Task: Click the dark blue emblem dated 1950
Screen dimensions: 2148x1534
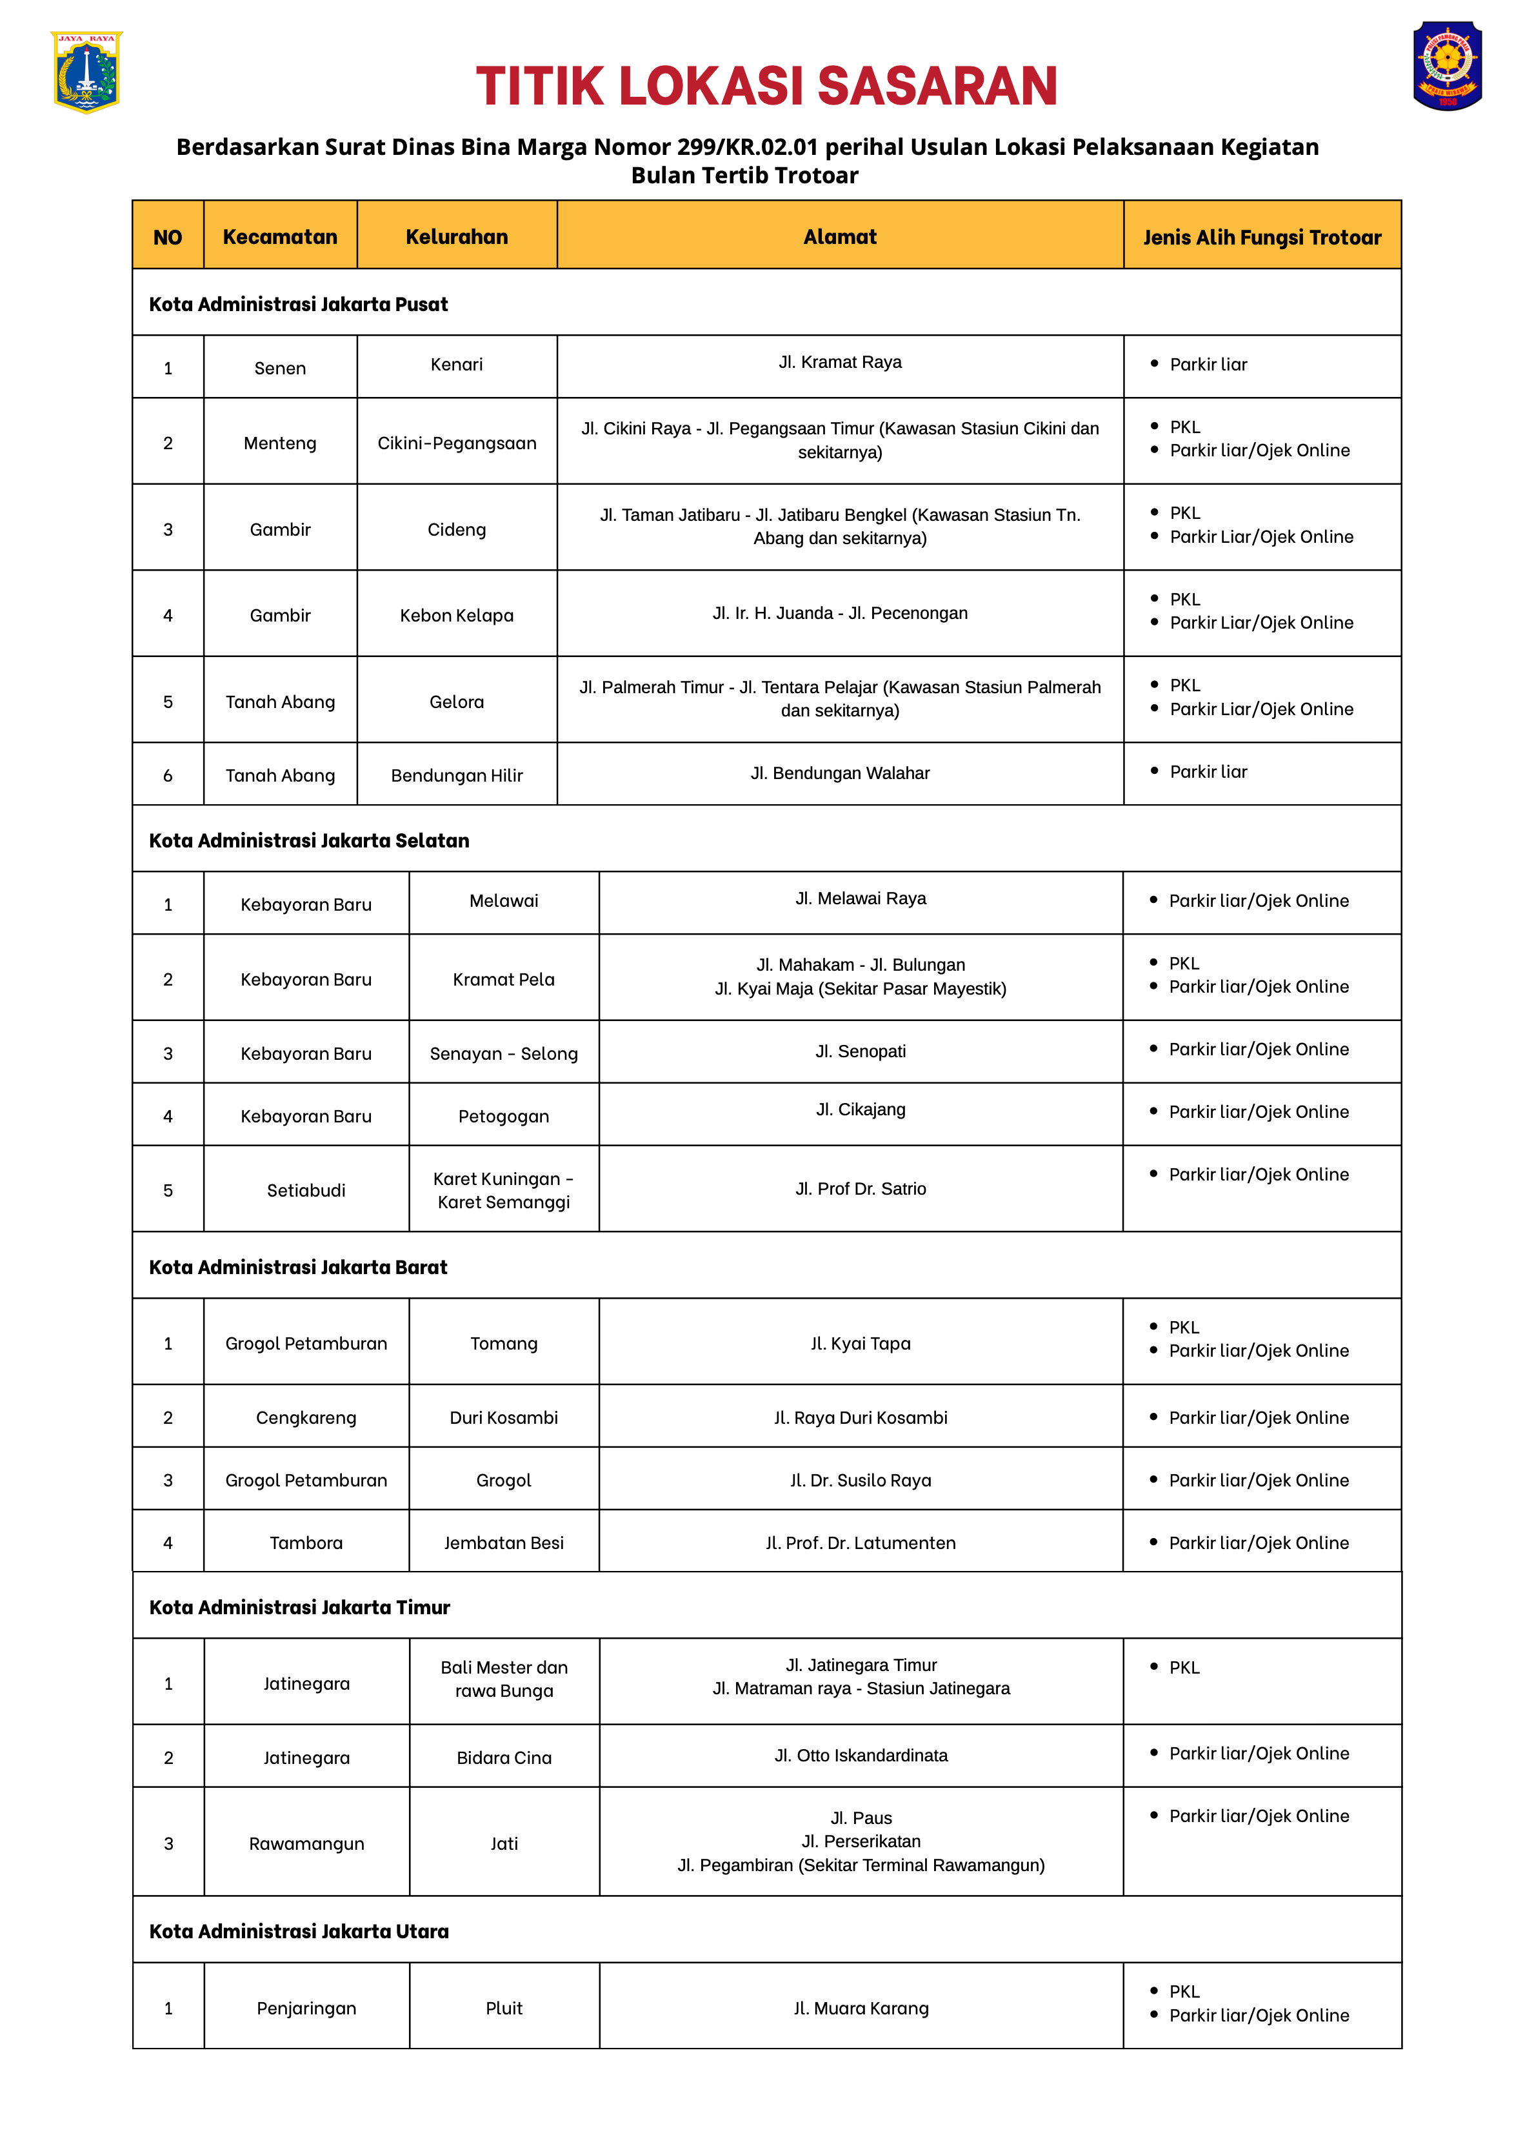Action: pyautogui.click(x=1446, y=66)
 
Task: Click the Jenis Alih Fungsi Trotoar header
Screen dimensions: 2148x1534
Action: pyautogui.click(x=1261, y=238)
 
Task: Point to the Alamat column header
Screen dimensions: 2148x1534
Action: pyautogui.click(x=840, y=236)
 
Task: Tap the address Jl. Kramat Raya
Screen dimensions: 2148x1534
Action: pyautogui.click(x=840, y=362)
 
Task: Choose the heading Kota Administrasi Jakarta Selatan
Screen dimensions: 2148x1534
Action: pyautogui.click(x=309, y=840)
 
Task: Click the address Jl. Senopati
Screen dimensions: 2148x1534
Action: pyautogui.click(x=861, y=1051)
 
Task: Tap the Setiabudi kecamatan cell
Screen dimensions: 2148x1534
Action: pyautogui.click(x=306, y=1190)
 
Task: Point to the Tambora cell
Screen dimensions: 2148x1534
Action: pyautogui.click(x=306, y=1542)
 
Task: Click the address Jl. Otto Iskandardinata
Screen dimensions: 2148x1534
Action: pyautogui.click(x=861, y=1755)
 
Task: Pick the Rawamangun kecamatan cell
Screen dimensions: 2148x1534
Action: pyautogui.click(x=306, y=1843)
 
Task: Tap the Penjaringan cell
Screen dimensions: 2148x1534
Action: pyautogui.click(x=306, y=2007)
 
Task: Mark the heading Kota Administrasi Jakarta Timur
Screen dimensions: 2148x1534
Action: pyautogui.click(x=299, y=1606)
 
